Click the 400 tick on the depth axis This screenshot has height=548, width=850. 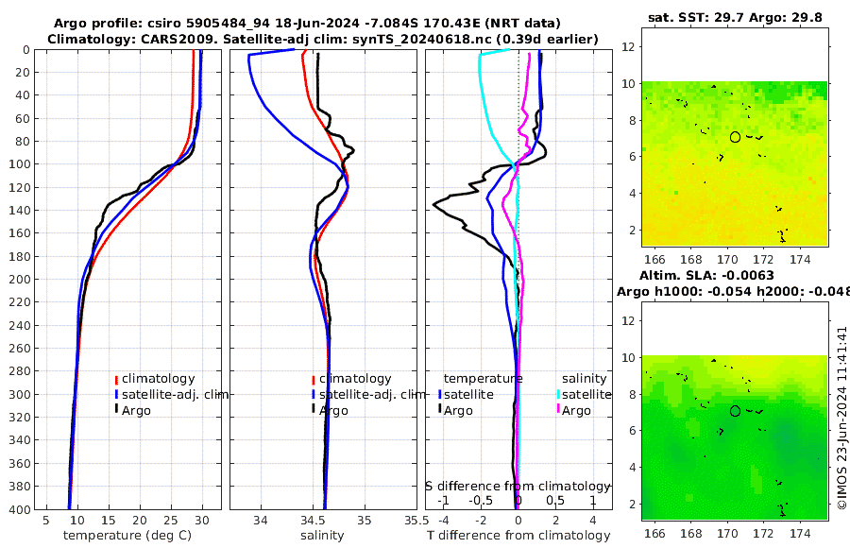[18, 509]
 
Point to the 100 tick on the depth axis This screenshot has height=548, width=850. [18, 164]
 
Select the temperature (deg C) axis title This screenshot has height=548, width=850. [127, 536]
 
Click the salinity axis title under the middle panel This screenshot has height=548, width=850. [322, 536]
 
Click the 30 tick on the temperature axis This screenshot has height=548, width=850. [202, 520]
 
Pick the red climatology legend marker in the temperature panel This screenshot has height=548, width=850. [116, 379]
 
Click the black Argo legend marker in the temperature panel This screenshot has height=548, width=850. [116, 410]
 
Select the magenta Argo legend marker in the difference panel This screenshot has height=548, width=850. [558, 410]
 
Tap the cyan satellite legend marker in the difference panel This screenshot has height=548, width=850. [558, 394]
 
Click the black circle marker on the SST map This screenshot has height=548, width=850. [735, 137]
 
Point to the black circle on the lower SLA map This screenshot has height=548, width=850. [735, 411]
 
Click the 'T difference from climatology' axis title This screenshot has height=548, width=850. [518, 536]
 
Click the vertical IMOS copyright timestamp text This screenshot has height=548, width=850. [842, 419]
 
